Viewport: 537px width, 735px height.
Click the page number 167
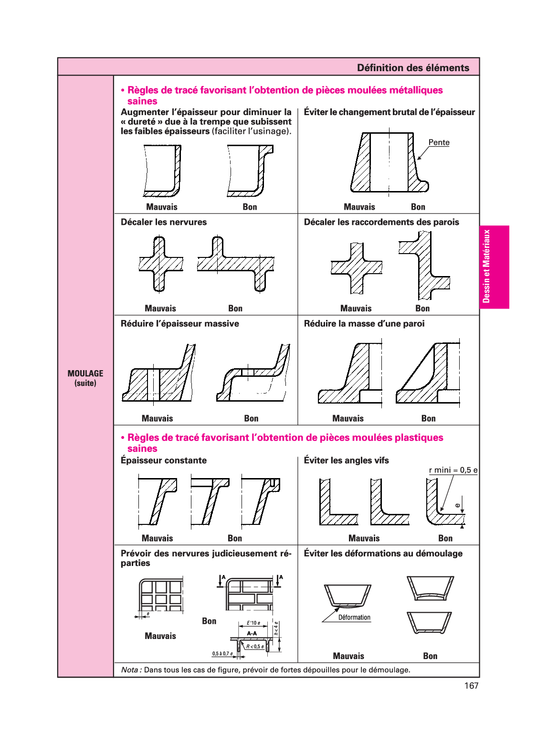471,686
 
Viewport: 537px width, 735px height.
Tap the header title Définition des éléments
413,68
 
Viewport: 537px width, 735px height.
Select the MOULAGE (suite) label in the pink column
85,378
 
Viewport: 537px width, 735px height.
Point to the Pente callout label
439,142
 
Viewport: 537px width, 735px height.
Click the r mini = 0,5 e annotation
453,470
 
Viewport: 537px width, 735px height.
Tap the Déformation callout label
354,618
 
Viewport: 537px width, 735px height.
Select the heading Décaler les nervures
164,222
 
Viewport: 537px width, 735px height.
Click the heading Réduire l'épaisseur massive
180,324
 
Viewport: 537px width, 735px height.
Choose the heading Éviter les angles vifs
346,460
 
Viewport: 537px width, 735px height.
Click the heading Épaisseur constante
164,460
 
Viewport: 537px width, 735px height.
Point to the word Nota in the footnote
131,670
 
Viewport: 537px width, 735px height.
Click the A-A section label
252,633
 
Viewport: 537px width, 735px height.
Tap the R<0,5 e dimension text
255,647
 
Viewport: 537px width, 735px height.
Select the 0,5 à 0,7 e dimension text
222,653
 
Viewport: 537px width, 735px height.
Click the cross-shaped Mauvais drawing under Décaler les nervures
160,264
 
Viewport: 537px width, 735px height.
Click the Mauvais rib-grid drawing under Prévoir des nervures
161,595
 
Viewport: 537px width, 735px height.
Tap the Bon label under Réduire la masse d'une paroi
428,418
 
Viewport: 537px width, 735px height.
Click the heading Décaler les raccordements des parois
381,222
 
